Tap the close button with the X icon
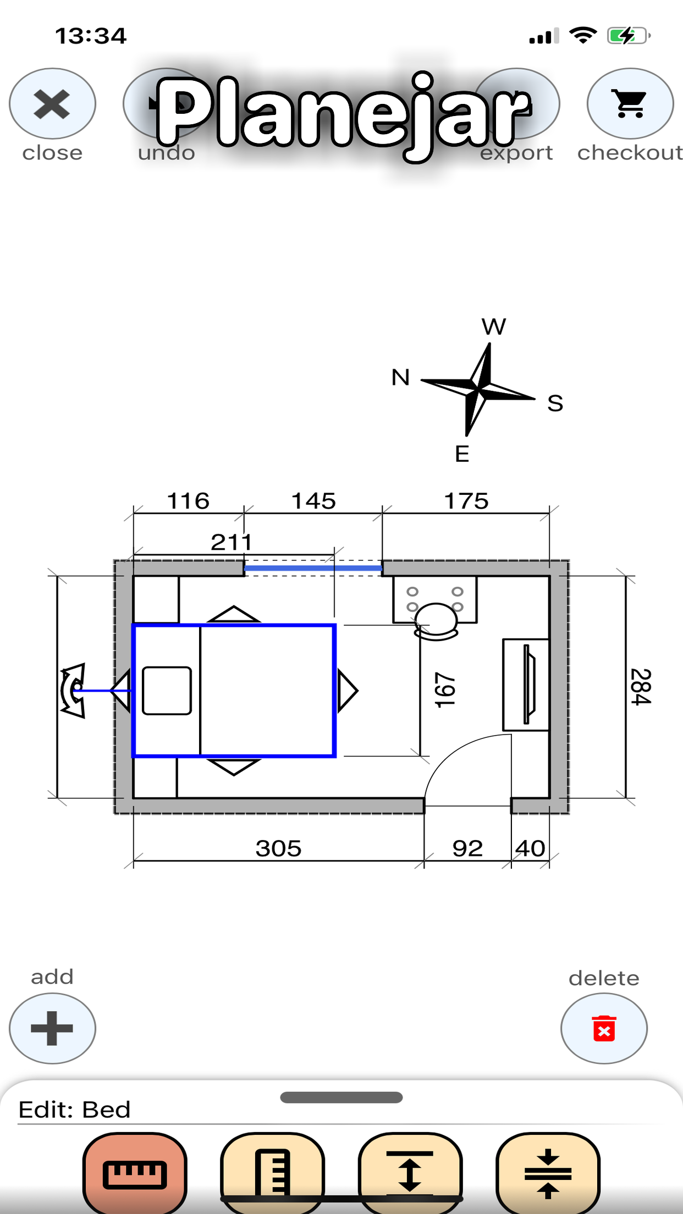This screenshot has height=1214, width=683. [x=52, y=103]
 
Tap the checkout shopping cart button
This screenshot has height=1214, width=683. [x=630, y=103]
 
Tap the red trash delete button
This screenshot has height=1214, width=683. [x=604, y=1028]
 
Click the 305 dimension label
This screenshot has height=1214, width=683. [x=278, y=848]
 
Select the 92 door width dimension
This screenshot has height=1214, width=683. [x=467, y=848]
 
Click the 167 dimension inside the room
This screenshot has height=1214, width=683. [x=445, y=690]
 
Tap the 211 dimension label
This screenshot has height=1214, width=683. [x=231, y=542]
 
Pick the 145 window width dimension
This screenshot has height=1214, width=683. [x=313, y=501]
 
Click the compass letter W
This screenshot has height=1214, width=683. [x=494, y=327]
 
